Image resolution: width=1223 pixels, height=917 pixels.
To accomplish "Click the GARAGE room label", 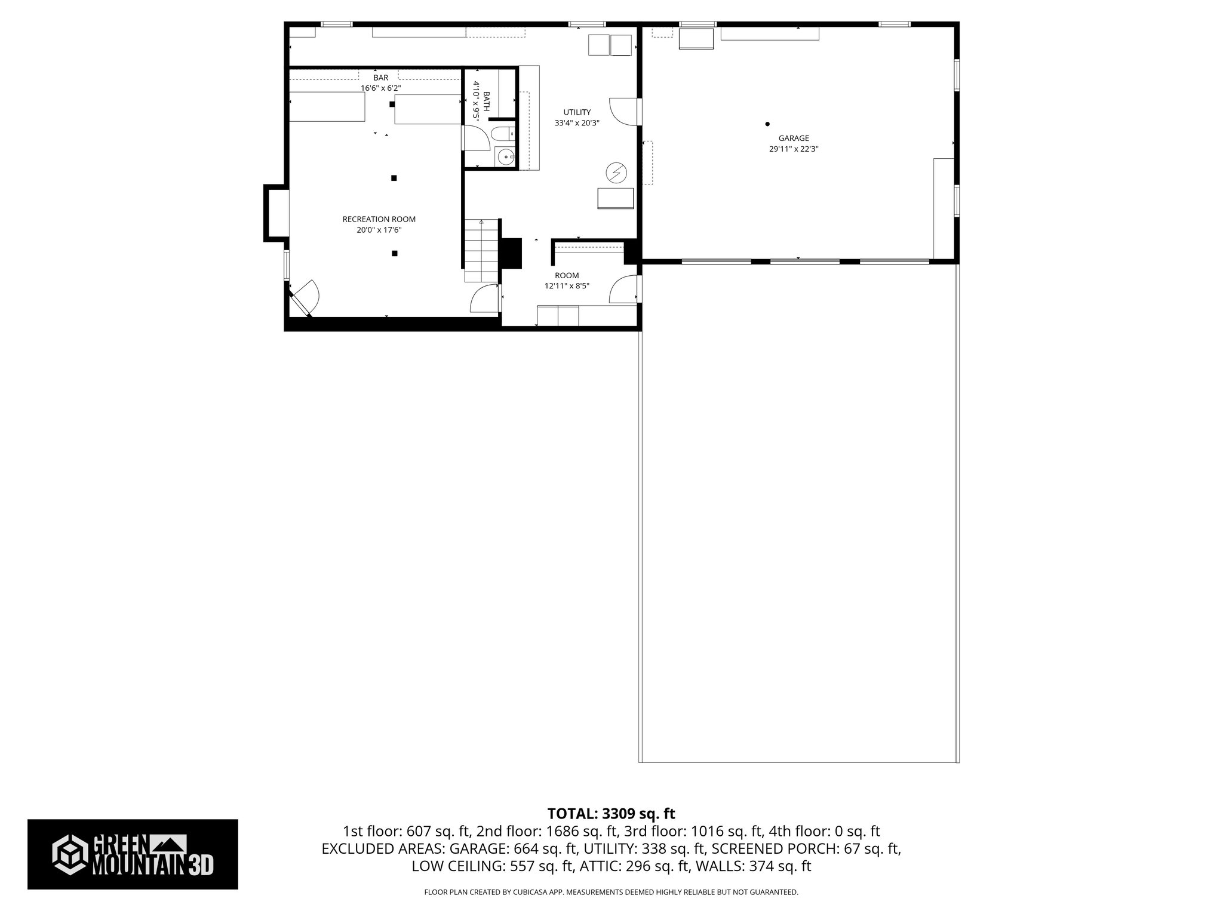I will [x=793, y=139].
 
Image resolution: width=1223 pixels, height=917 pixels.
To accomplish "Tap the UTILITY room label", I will [x=577, y=112].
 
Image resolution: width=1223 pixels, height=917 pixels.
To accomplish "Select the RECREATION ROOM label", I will [x=379, y=219].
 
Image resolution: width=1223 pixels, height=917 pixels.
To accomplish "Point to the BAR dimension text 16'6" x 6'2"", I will [x=380, y=88].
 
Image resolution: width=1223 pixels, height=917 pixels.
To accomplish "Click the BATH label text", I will [x=486, y=101].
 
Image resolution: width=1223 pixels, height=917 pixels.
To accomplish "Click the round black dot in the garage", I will [x=767, y=124].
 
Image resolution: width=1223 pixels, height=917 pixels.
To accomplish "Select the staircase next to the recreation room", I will [x=481, y=251].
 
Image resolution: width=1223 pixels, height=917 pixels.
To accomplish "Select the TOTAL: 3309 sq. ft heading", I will [x=611, y=814].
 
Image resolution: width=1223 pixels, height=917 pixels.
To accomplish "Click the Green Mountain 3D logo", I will [x=133, y=854].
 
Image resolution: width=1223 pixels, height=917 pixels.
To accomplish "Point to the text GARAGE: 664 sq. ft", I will [x=513, y=848].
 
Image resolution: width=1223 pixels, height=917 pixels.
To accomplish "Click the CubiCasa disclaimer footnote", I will [x=611, y=893].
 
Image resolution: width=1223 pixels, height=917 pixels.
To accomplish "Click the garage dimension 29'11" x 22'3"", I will [x=793, y=149].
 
